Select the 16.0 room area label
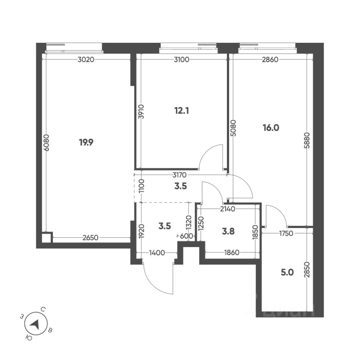pos(271,127)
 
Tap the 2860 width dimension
pos(270,59)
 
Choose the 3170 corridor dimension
pos(180,175)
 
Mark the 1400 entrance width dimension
pos(157,253)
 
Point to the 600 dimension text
pos(186,236)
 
